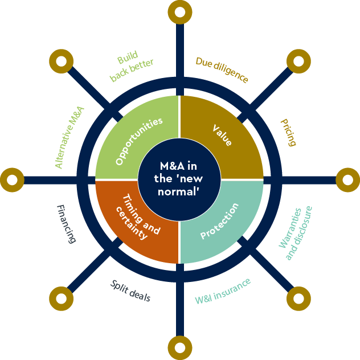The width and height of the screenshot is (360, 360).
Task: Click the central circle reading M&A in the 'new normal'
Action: click(x=179, y=179)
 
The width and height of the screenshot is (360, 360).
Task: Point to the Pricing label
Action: click(x=288, y=133)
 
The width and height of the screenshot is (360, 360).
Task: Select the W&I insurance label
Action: click(x=223, y=291)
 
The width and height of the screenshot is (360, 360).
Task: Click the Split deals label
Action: click(x=130, y=290)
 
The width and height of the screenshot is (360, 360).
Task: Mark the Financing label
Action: click(x=66, y=224)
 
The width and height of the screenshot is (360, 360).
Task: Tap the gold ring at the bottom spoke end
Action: click(x=180, y=346)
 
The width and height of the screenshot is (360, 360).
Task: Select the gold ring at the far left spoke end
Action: click(x=12, y=180)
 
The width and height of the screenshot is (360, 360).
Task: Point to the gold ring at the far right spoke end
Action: click(x=347, y=180)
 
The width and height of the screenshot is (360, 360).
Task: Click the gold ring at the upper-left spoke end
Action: click(x=61, y=61)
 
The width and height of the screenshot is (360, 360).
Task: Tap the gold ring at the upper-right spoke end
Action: click(x=298, y=61)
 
